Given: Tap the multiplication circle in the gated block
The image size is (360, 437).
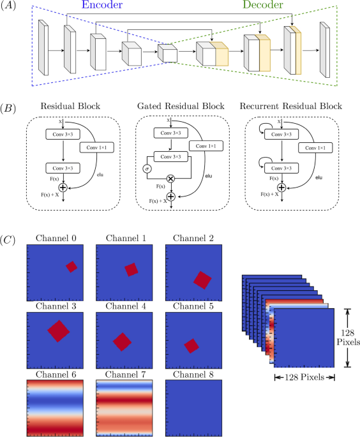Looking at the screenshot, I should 170,179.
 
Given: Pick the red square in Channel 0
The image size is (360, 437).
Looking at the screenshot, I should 71,267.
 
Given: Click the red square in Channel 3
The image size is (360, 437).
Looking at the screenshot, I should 59,330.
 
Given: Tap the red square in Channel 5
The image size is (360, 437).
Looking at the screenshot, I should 191,346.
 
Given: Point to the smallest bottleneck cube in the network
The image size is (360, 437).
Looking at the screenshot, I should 168,54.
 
